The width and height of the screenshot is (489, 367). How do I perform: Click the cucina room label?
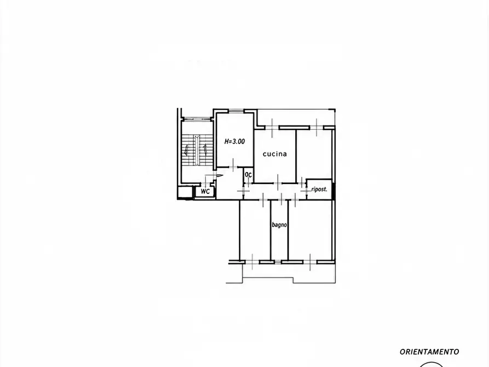pos(275,154)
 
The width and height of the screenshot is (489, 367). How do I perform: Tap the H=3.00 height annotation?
pos(234,141)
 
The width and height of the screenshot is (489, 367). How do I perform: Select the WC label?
pos(205,191)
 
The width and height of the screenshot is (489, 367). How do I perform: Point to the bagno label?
pos(279,225)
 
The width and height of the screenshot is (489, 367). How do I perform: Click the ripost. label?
pos(319,189)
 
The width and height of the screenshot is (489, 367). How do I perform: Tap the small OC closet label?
pos(248,175)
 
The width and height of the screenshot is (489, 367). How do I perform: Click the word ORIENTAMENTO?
pos(429,352)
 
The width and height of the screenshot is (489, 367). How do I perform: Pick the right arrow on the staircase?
pos(206,150)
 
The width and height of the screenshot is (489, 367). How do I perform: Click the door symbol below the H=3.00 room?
pos(233,165)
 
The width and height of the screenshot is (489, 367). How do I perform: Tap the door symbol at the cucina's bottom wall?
pos(278,182)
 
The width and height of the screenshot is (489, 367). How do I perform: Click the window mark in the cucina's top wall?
pos(272,128)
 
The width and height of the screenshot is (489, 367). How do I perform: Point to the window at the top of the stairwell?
pos(197,118)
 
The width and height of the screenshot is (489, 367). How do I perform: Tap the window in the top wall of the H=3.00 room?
pos(236,110)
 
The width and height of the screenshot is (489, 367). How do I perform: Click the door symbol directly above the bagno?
pos(281,199)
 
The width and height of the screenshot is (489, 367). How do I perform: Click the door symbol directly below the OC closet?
pos(244,190)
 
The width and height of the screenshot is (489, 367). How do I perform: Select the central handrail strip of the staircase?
pos(197,150)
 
